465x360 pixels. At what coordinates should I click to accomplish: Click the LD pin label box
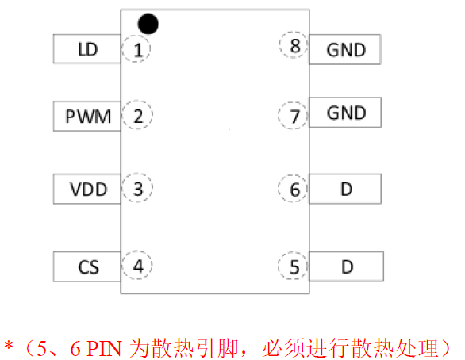pyautogui.click(x=87, y=49)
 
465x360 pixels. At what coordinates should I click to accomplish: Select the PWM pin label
pyautogui.click(x=87, y=116)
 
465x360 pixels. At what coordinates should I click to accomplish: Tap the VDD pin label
pyautogui.click(x=87, y=189)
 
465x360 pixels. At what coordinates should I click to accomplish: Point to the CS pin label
pyautogui.click(x=87, y=266)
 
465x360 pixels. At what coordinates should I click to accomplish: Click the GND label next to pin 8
pyautogui.click(x=345, y=49)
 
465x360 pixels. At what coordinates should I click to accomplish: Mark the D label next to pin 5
pyautogui.click(x=347, y=266)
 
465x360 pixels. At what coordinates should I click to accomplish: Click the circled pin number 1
pyautogui.click(x=136, y=49)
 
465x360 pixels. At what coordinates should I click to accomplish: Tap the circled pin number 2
pyautogui.click(x=137, y=115)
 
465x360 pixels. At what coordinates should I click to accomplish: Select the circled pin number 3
pyautogui.click(x=137, y=188)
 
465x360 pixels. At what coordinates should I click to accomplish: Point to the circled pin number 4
pyautogui.click(x=137, y=265)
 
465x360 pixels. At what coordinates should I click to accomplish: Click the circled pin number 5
pyautogui.click(x=293, y=266)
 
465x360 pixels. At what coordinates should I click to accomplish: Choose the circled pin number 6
pyautogui.click(x=293, y=189)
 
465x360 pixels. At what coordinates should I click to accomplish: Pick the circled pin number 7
pyautogui.click(x=293, y=115)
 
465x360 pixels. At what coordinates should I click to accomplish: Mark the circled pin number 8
pyautogui.click(x=294, y=44)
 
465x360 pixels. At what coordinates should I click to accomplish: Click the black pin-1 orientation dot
pyautogui.click(x=148, y=24)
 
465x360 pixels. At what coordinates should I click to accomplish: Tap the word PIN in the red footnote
pyautogui.click(x=105, y=348)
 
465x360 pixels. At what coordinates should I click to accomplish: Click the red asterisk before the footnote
pyautogui.click(x=9, y=346)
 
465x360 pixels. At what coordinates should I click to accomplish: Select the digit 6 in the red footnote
pyautogui.click(x=75, y=348)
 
